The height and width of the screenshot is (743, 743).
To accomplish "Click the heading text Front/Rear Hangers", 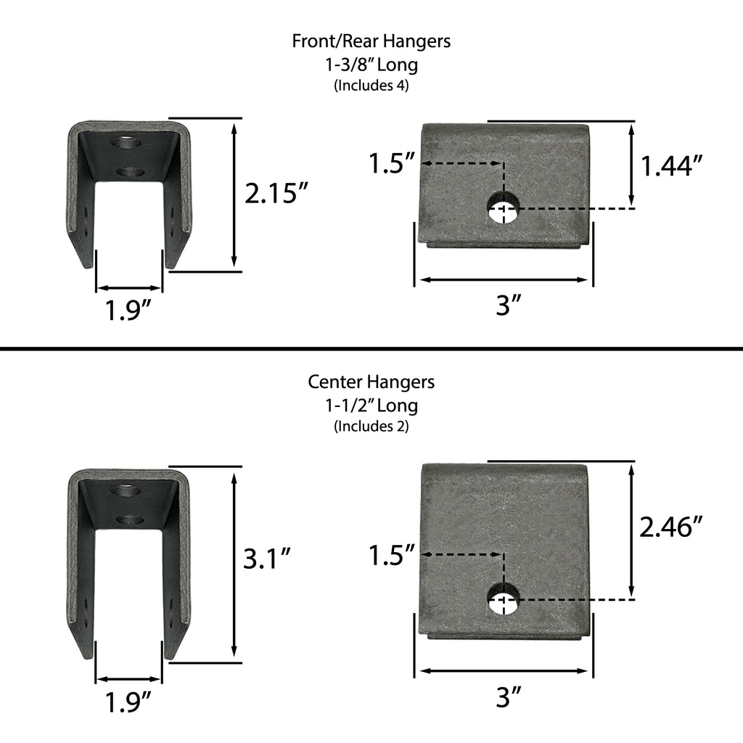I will (x=371, y=41).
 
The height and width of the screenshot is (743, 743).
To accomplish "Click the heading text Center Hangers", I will (x=371, y=382).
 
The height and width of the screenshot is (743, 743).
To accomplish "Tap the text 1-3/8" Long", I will (x=371, y=65).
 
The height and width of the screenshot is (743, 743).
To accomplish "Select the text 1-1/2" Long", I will (x=371, y=405).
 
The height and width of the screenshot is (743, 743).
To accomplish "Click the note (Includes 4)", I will (x=371, y=86).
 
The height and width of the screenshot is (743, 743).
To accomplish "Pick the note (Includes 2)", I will (x=371, y=427).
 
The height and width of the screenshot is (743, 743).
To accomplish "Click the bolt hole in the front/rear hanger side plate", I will (x=503, y=208).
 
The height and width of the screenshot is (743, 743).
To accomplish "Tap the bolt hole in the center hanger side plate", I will (x=503, y=599).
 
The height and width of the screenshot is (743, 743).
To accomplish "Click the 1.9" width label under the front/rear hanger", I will (x=128, y=311).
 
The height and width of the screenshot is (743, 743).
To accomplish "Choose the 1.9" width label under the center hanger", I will (x=128, y=702).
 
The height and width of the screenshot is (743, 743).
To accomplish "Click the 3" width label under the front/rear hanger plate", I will (x=509, y=306).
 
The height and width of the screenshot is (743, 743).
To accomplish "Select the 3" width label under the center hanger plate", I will (x=509, y=698).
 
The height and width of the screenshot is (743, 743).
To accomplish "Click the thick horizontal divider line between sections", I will (x=371, y=349).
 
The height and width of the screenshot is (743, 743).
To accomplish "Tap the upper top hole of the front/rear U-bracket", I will (x=126, y=142).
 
